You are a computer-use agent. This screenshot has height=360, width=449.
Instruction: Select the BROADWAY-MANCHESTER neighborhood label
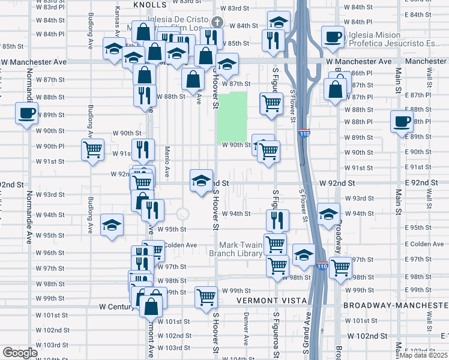coord(396,305)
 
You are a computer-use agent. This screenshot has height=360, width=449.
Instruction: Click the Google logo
coord(20,353)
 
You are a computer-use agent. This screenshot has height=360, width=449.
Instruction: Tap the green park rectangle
coord(232,116)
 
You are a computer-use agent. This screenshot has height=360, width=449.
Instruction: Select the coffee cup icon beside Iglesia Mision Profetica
coord(333,37)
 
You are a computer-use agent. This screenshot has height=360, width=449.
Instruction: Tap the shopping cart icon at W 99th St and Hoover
coord(206,296)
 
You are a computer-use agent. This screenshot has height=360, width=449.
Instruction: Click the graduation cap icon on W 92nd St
coord(201,180)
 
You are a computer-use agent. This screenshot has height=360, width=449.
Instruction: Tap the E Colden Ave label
coord(427,244)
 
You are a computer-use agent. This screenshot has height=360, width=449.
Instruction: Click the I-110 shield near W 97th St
coord(321,265)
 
